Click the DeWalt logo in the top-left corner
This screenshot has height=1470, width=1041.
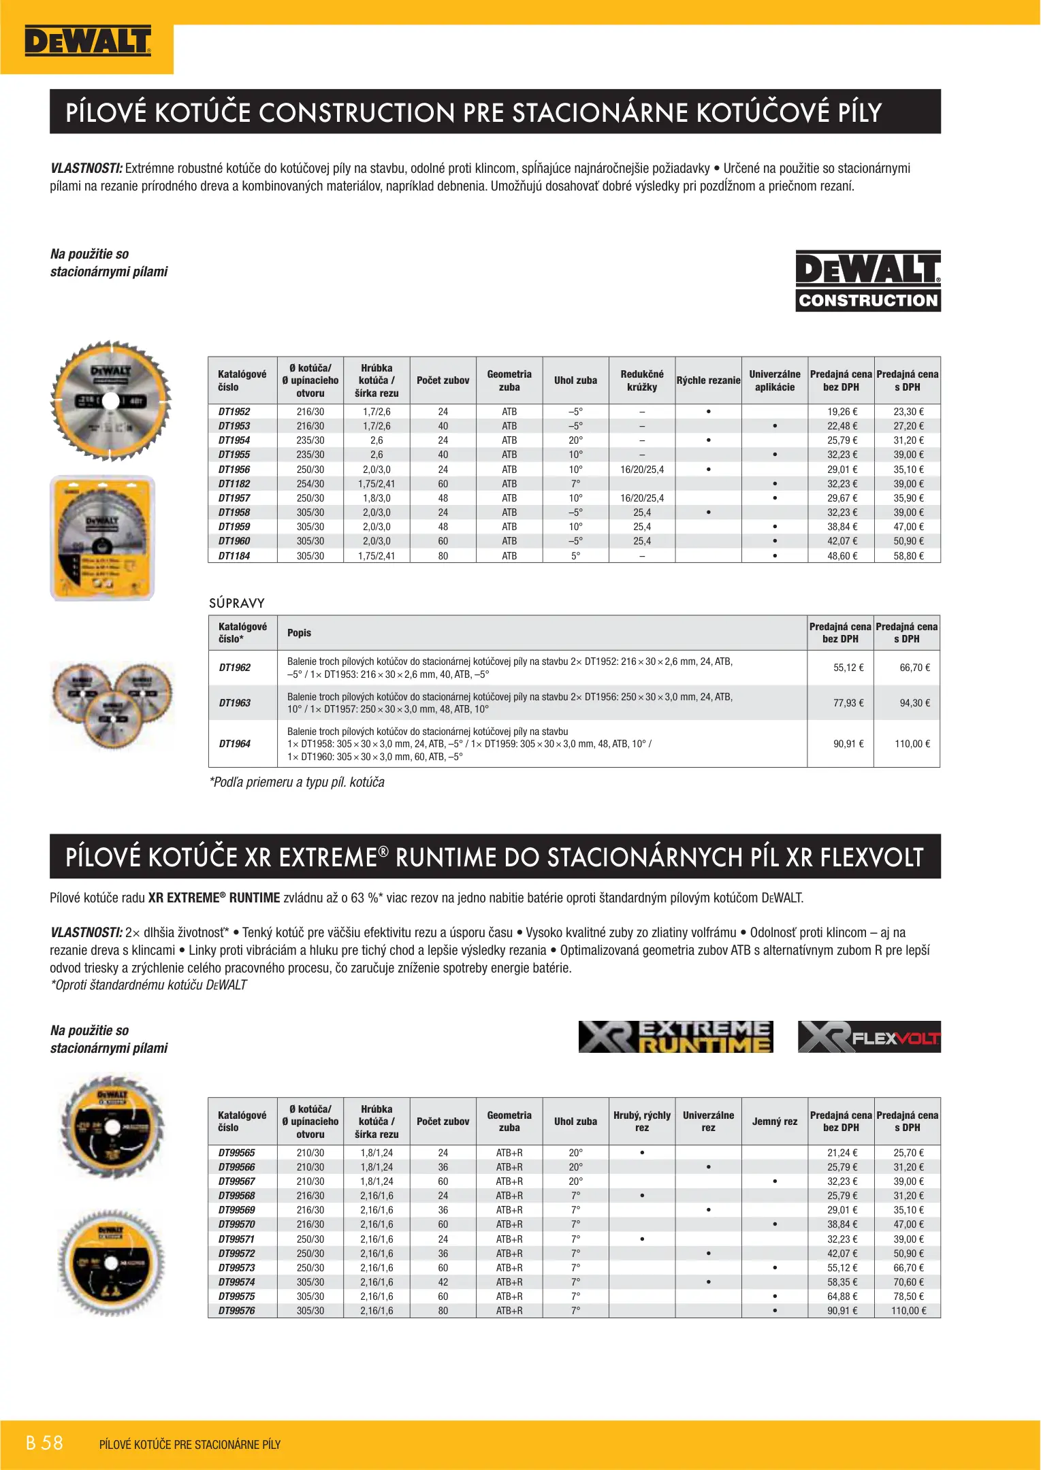(87, 42)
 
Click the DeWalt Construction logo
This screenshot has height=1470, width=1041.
(868, 281)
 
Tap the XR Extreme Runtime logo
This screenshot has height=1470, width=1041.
(675, 1036)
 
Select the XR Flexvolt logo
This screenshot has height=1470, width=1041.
(869, 1036)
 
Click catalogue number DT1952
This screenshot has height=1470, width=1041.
(234, 412)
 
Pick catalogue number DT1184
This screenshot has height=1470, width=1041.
(234, 556)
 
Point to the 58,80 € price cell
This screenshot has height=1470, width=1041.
(908, 556)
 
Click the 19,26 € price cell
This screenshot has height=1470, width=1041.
(842, 412)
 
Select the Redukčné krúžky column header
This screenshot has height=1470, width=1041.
(642, 380)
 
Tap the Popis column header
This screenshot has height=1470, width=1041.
(299, 633)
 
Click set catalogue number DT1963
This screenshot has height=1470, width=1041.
(235, 703)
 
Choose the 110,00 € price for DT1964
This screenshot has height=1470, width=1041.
(912, 744)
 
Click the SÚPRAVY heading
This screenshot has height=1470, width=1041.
(237, 603)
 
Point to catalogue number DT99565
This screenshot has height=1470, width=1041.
(237, 1153)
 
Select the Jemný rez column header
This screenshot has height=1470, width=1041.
(775, 1122)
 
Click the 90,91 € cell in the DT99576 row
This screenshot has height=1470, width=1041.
(842, 1311)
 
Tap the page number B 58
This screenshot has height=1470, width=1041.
(44, 1443)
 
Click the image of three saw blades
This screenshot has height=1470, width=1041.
(112, 704)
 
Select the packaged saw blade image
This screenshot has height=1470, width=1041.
(103, 538)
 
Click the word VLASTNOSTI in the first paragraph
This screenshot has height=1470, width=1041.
(86, 168)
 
